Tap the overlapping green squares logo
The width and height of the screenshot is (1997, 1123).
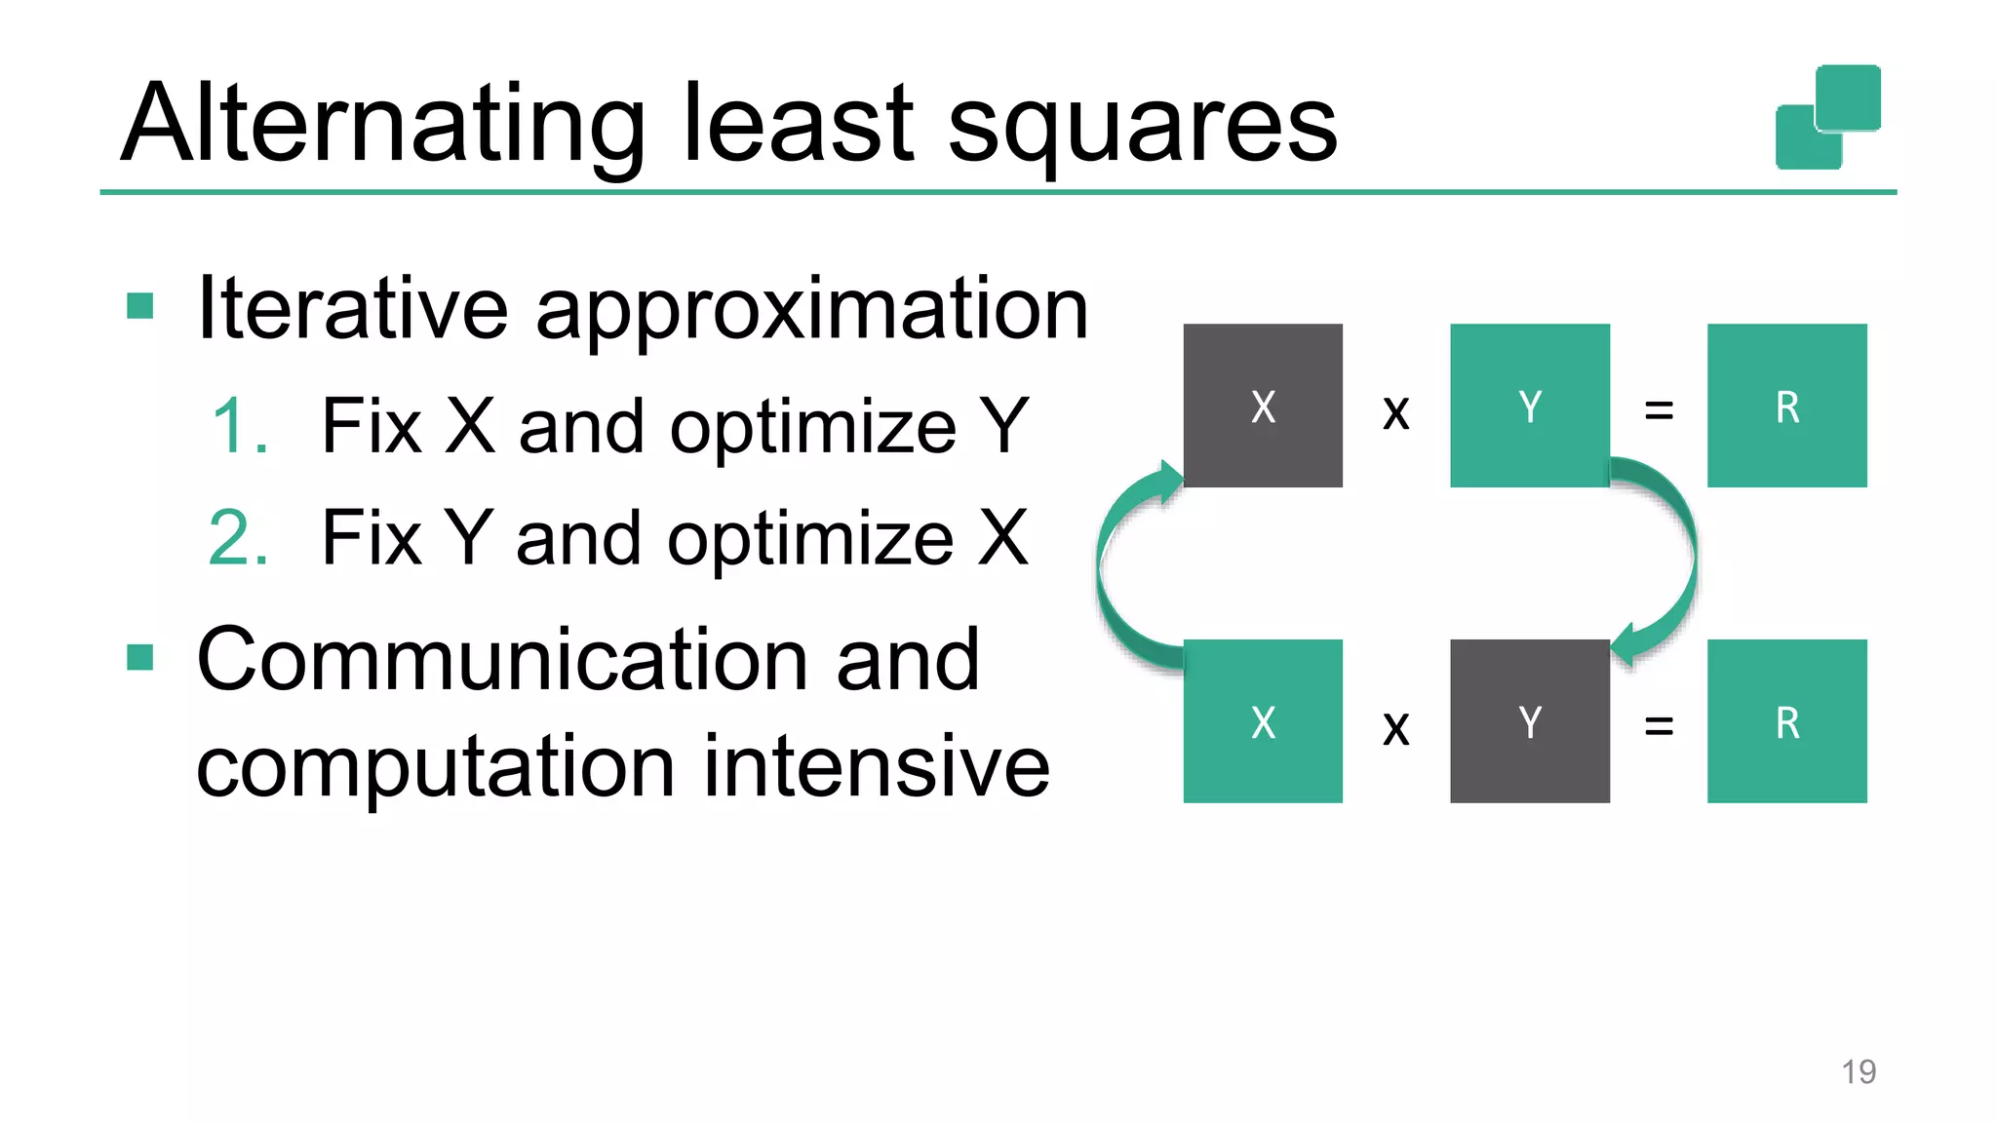coord(1827,117)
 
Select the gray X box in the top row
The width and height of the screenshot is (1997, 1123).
coord(1263,406)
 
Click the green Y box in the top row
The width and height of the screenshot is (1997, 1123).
coord(1529,406)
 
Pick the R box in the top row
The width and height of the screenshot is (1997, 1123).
coord(1786,406)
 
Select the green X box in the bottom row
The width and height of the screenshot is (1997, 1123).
coord(1263,721)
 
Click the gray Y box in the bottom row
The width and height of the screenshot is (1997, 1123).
coord(1529,721)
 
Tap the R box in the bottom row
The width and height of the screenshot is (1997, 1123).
coord(1786,721)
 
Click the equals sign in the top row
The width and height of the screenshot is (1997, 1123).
coord(1659,410)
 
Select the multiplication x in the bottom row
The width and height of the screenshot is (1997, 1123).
coord(1396,728)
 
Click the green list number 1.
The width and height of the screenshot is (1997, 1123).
coord(239,427)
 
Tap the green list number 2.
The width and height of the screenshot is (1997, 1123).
coord(239,538)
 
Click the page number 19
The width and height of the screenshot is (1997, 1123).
coord(1859,1071)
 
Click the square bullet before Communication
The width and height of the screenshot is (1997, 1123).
coord(140,658)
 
